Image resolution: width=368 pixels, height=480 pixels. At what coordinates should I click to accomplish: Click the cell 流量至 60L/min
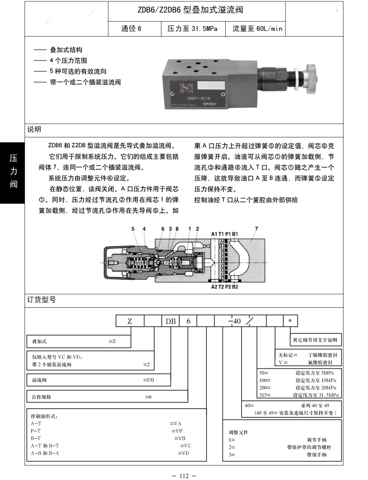click(x=258, y=28)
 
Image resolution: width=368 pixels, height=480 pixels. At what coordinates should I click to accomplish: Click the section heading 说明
click(x=34, y=129)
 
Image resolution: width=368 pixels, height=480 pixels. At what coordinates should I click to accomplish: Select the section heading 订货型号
click(x=41, y=299)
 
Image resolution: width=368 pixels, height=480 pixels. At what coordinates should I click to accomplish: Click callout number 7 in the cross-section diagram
click(x=256, y=228)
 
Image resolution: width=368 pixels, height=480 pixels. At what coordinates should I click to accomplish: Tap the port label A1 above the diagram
click(x=214, y=233)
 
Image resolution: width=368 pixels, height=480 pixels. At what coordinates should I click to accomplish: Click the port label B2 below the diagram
click(x=235, y=287)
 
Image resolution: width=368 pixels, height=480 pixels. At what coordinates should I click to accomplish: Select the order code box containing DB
click(x=170, y=321)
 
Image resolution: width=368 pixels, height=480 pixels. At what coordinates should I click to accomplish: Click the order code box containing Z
click(x=130, y=321)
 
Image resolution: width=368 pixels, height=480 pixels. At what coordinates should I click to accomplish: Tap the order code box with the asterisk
click(x=290, y=321)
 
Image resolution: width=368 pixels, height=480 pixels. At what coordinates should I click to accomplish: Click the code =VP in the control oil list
click(x=176, y=430)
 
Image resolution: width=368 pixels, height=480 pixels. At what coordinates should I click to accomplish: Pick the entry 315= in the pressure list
click(x=265, y=395)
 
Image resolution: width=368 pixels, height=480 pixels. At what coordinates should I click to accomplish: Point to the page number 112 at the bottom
click(x=184, y=475)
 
